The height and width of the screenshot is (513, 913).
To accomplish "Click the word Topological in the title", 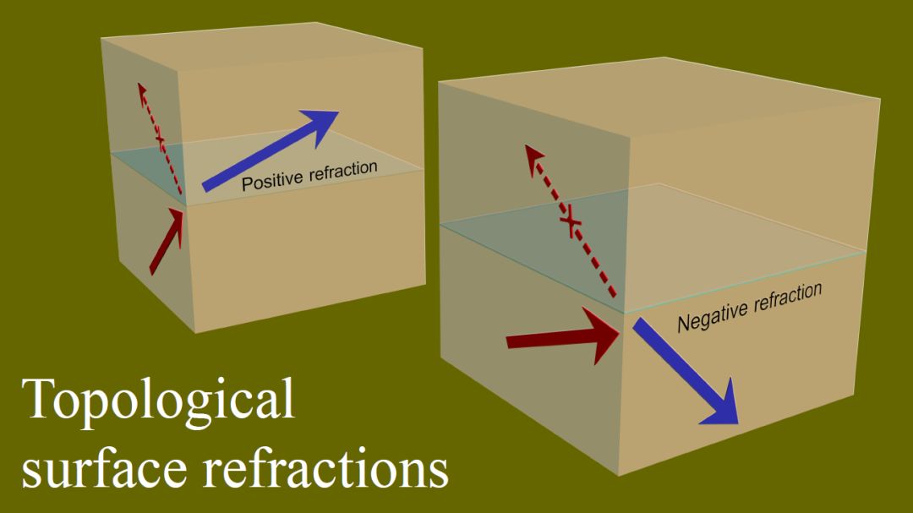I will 160,400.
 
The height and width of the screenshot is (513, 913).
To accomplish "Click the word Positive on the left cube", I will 271,180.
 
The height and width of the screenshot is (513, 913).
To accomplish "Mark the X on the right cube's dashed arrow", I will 571,223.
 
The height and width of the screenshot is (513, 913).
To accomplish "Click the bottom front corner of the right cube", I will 620,475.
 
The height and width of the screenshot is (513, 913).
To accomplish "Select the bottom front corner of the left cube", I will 195,331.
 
